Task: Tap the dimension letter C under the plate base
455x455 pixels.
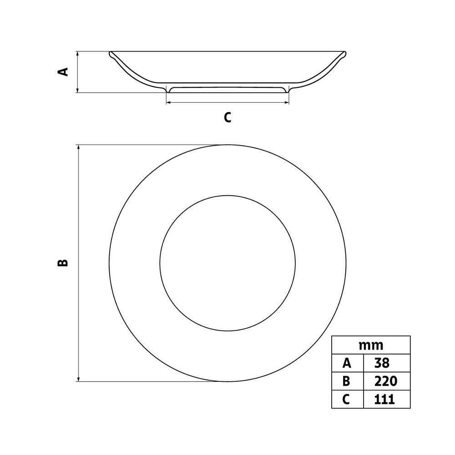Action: click(x=228, y=117)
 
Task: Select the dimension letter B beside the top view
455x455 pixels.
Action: click(x=63, y=263)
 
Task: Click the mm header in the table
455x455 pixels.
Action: click(x=371, y=346)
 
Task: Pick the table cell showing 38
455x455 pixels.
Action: click(x=382, y=363)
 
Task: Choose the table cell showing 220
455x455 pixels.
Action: click(x=386, y=381)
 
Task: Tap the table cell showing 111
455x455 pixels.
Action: click(x=384, y=399)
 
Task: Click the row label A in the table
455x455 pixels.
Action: click(x=347, y=363)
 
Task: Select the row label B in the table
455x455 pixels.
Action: click(x=346, y=381)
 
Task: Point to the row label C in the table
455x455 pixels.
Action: click(x=346, y=399)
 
